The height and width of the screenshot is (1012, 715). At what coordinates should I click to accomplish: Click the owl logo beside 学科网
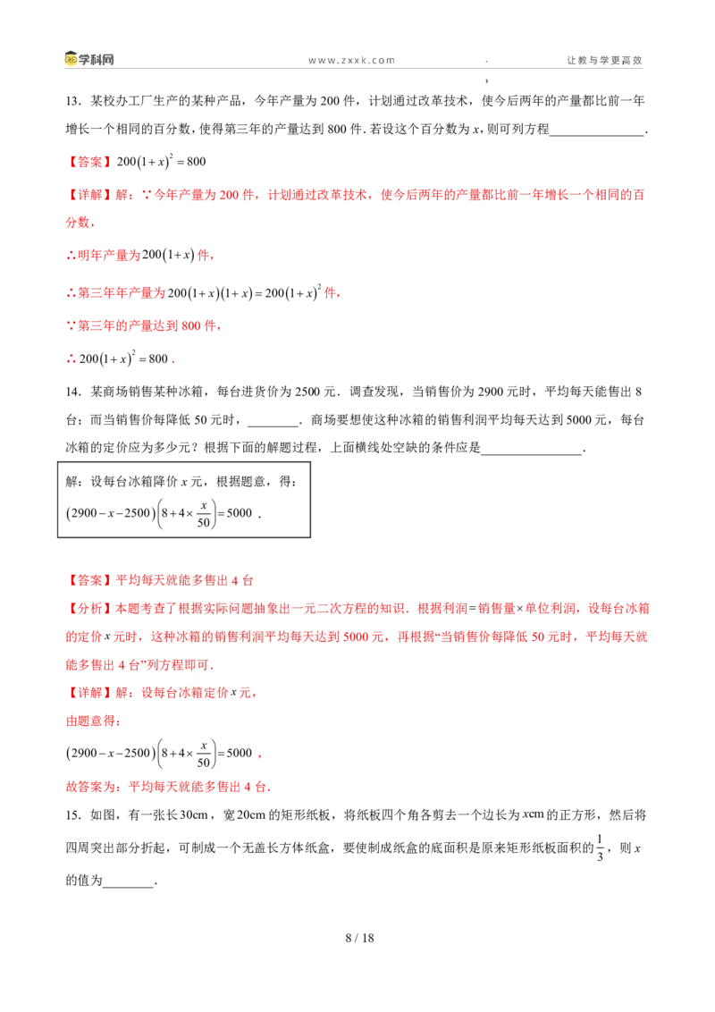click(71, 59)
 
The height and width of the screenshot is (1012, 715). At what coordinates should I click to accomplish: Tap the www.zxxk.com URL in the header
click(352, 60)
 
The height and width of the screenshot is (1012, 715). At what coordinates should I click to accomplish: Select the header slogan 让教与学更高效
click(605, 60)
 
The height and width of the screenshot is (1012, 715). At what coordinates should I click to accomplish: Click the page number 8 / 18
click(359, 938)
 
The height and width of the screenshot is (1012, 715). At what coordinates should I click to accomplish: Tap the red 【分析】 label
click(90, 609)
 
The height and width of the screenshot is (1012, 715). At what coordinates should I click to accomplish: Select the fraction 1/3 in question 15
click(600, 848)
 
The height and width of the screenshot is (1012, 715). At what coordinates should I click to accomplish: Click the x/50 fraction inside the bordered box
click(204, 514)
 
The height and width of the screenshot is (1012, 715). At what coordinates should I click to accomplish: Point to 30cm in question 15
click(193, 815)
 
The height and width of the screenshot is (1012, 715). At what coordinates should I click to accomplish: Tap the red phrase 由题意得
click(90, 721)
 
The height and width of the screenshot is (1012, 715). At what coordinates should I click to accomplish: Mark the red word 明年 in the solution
click(90, 256)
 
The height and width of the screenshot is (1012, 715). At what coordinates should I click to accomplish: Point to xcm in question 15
click(533, 814)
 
